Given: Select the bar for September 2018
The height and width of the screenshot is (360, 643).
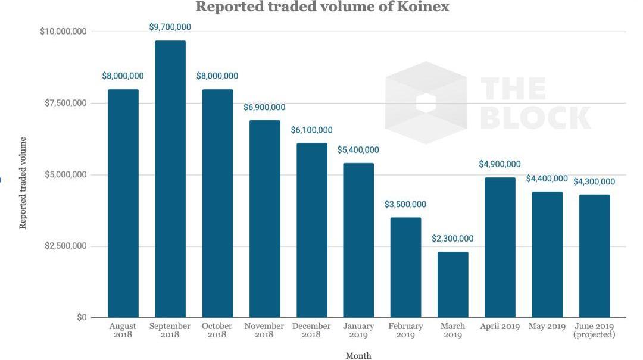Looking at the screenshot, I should pos(170,179).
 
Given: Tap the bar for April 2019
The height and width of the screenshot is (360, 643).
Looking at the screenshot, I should pos(500,247).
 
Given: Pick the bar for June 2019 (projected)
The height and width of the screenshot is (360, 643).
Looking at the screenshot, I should pos(594,256).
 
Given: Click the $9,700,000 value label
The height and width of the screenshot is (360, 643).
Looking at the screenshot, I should pos(170,27).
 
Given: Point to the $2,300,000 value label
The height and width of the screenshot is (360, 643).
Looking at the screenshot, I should pos(453,239).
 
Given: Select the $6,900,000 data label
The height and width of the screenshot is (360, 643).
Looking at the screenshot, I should pos(264,107).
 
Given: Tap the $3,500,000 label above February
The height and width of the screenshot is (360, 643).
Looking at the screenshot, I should pos(405,204).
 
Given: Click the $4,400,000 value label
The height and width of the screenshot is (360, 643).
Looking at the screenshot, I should pos(547,179).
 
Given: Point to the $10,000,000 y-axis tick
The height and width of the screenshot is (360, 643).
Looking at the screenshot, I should pos(63,31).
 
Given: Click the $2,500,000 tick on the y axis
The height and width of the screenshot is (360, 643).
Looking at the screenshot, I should pos(65,246).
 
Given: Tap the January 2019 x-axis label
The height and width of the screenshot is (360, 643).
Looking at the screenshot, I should pos(358,330).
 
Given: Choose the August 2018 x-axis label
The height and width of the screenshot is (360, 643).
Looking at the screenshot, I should pos(123,330).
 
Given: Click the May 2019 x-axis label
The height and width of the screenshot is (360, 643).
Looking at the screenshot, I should pos(547,326).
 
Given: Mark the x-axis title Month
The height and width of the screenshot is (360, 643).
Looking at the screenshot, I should pos(358,355).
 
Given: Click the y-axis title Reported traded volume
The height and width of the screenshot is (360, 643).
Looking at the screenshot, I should pos(23,183).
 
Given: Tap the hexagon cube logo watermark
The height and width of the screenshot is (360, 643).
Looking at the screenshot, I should pos(426,102).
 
